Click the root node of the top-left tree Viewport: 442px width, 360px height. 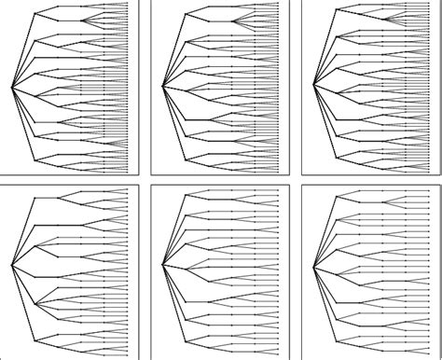[x=11, y=88]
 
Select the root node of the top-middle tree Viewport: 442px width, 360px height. [x=162, y=88]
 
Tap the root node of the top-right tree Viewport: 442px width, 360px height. [x=313, y=88]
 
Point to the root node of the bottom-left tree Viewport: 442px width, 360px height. [x=11, y=266]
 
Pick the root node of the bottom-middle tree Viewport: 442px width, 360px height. [x=162, y=266]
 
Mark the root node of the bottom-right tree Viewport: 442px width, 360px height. [x=313, y=266]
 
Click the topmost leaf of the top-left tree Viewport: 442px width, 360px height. [x=127, y=4]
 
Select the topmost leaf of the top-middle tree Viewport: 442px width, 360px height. [x=278, y=4]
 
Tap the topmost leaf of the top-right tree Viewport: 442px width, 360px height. [x=429, y=4]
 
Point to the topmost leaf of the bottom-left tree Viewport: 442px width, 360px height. [x=127, y=189]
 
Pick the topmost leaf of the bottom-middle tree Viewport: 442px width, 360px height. [x=278, y=191]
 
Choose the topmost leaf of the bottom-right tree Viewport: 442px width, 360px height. [x=429, y=191]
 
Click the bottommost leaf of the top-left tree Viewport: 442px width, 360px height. [x=127, y=171]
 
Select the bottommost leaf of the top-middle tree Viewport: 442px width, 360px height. [x=278, y=171]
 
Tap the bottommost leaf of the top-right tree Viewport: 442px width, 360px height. [x=429, y=171]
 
